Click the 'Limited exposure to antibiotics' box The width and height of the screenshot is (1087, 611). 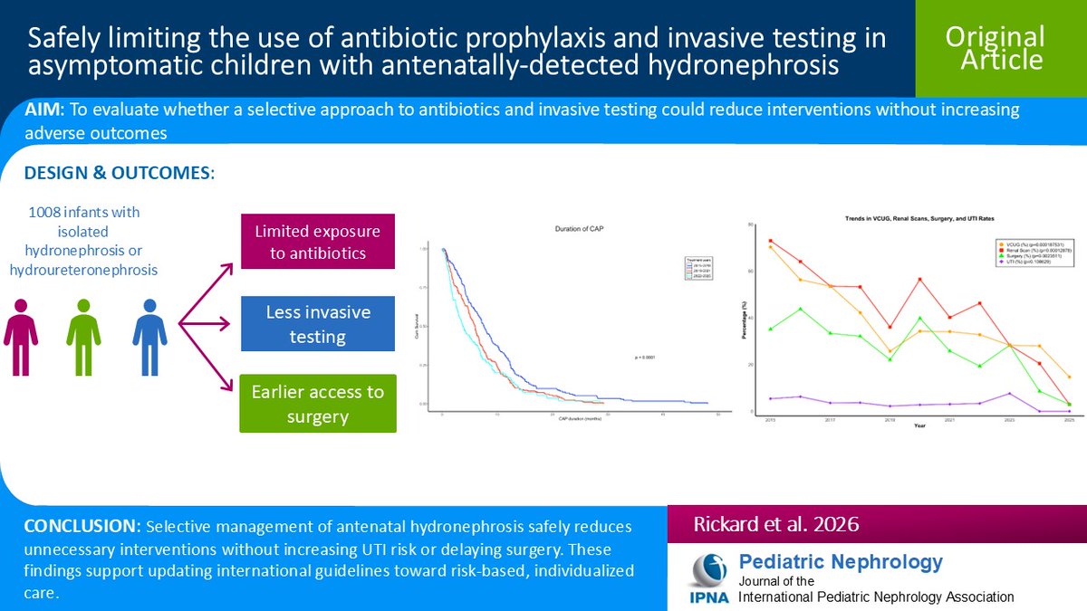tap(318, 242)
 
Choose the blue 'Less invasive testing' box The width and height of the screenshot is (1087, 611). tap(318, 324)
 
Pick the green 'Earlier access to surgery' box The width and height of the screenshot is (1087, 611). tap(318, 404)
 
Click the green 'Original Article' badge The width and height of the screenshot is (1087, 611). tap(995, 48)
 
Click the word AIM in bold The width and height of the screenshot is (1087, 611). tap(43, 110)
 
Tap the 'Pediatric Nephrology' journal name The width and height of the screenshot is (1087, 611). tap(841, 561)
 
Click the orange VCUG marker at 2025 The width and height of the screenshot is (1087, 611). tap(1070, 377)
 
